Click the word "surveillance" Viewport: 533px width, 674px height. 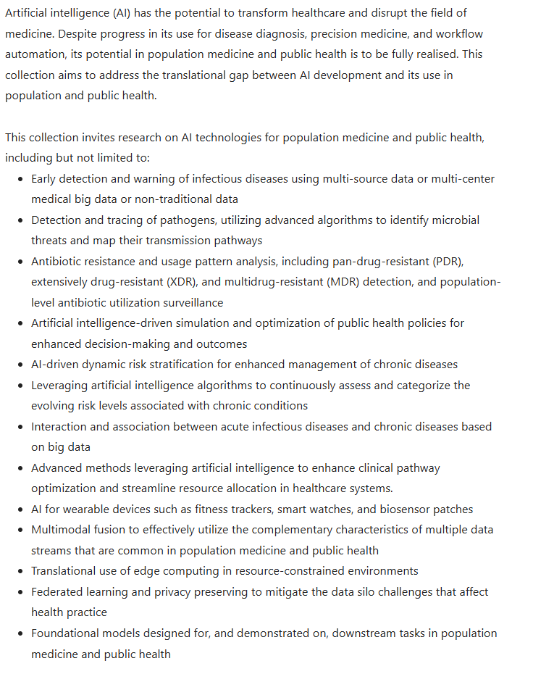pyautogui.click(x=188, y=302)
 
